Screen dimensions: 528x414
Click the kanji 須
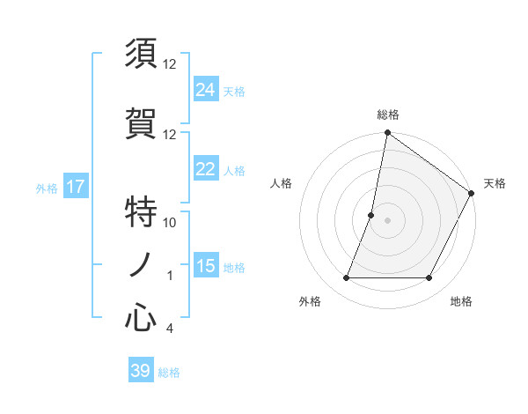[141, 54]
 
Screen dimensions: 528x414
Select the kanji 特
[141, 211]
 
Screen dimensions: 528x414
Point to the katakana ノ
[141, 265]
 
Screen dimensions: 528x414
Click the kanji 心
[141, 318]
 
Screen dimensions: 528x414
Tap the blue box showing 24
[205, 89]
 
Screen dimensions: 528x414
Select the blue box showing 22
[205, 170]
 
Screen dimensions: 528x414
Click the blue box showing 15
[205, 266]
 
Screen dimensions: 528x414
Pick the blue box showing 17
[75, 187]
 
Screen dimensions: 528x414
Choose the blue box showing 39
[140, 371]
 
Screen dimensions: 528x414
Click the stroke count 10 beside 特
[170, 222]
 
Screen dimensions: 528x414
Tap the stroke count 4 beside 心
[169, 329]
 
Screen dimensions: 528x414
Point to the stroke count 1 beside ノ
[170, 276]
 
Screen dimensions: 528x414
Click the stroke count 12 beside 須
[170, 63]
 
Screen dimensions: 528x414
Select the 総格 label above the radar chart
[387, 115]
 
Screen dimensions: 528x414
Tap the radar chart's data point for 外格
[346, 278]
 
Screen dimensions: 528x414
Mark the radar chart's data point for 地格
[429, 278]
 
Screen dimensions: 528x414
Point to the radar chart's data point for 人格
[371, 215]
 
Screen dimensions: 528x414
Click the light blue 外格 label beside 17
[47, 188]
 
